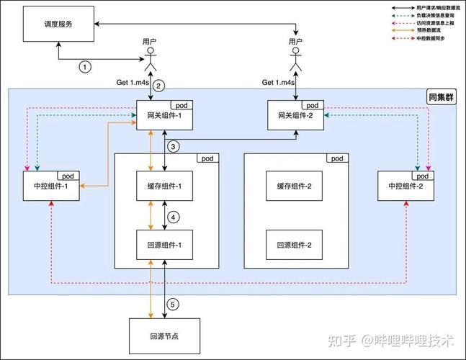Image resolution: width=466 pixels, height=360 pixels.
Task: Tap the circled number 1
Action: coord(86,67)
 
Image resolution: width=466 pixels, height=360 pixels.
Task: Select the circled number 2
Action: coord(160,85)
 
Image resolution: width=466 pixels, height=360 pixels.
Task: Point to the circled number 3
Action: coord(174,147)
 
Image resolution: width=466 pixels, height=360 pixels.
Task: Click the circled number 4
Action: coord(174,216)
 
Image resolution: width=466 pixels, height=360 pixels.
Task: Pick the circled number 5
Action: coord(173,304)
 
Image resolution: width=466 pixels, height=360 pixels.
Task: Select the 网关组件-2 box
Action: coord(295,117)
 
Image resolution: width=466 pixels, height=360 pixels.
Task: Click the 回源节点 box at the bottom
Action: coord(164,335)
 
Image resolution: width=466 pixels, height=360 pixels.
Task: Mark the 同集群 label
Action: coord(442,97)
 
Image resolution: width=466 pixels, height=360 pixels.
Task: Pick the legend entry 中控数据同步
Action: coord(429,40)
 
